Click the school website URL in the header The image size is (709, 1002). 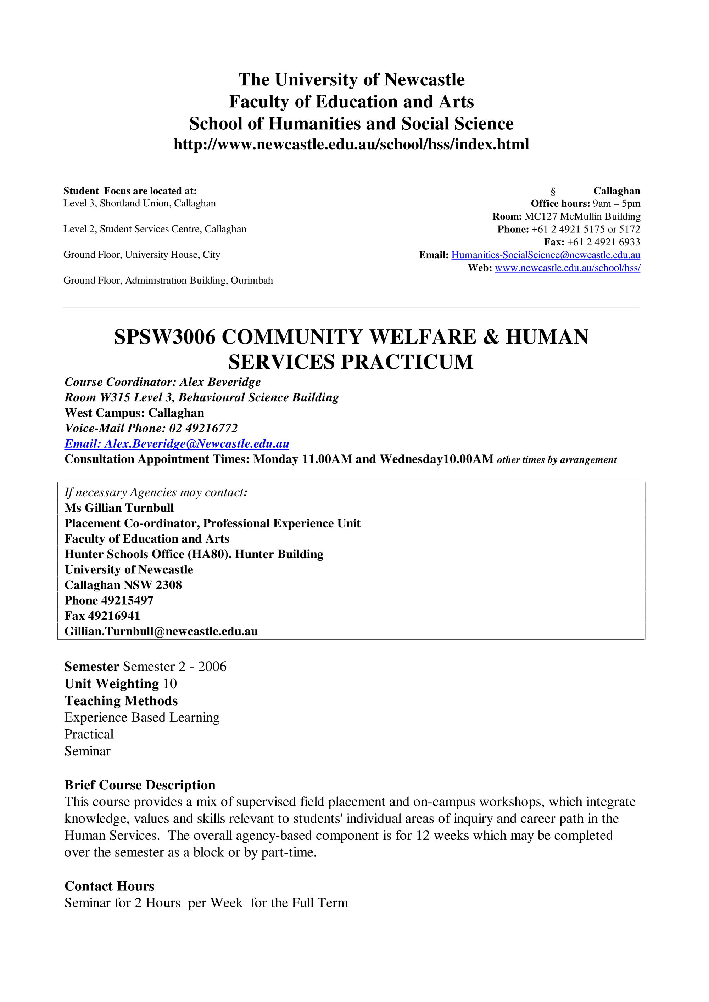pyautogui.click(x=351, y=145)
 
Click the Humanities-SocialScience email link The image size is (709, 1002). pyautogui.click(x=545, y=255)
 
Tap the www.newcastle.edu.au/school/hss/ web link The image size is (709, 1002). pyautogui.click(x=567, y=268)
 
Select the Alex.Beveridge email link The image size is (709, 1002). pyautogui.click(x=177, y=444)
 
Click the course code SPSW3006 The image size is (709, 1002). pyautogui.click(x=165, y=337)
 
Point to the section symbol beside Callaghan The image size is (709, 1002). pyautogui.click(x=553, y=192)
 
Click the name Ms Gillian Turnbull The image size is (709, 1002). pyautogui.click(x=119, y=508)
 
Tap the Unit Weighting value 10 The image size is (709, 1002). pyautogui.click(x=169, y=684)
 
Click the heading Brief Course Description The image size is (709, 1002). pyautogui.click(x=140, y=785)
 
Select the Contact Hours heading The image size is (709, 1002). pyautogui.click(x=109, y=886)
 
